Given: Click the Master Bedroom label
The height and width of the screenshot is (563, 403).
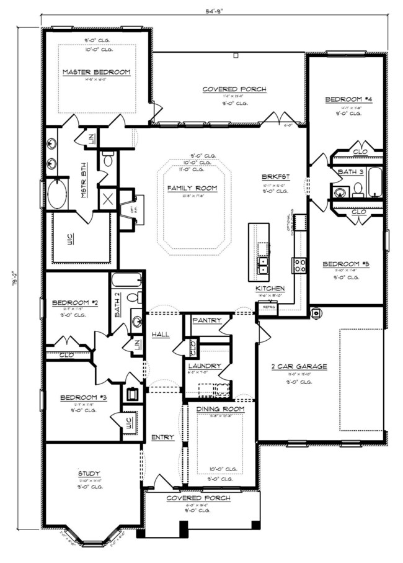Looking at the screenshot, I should (96, 73).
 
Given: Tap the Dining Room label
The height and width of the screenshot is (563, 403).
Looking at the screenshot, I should (220, 410).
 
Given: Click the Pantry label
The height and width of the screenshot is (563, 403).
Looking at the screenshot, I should (203, 320).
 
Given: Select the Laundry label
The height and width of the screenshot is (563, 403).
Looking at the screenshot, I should (204, 366).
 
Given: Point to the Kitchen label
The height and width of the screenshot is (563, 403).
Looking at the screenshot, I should (270, 289).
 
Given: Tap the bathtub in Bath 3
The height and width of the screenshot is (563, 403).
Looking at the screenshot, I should (375, 182).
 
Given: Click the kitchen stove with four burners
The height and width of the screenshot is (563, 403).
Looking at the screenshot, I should (299, 266).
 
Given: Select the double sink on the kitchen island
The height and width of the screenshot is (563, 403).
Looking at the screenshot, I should (262, 266).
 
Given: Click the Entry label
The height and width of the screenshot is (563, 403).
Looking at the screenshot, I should (162, 438).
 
